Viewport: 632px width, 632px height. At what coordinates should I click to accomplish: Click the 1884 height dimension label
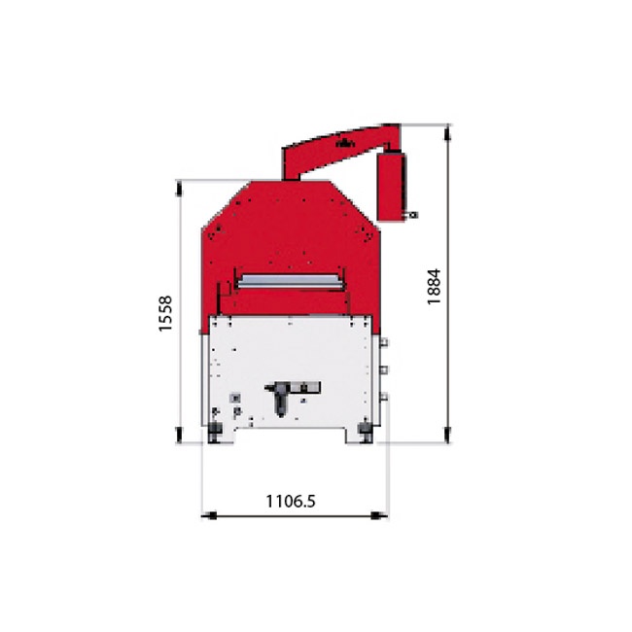pos(435,287)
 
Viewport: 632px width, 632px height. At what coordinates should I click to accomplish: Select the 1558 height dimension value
pos(165,314)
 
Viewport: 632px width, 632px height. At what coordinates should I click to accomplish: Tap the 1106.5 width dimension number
pos(291,501)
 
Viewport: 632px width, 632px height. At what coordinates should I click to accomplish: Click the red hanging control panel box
pos(392,186)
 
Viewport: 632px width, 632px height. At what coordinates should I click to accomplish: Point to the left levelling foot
pos(215,432)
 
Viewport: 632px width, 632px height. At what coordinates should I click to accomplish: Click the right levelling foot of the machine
pos(366,432)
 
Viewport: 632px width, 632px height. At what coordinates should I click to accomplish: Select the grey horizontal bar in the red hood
pos(291,281)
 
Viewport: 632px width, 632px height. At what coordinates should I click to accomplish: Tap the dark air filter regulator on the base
pos(280,400)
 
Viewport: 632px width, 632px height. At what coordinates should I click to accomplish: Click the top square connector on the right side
pos(384,342)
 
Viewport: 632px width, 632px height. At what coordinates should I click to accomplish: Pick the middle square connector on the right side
pos(384,369)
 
